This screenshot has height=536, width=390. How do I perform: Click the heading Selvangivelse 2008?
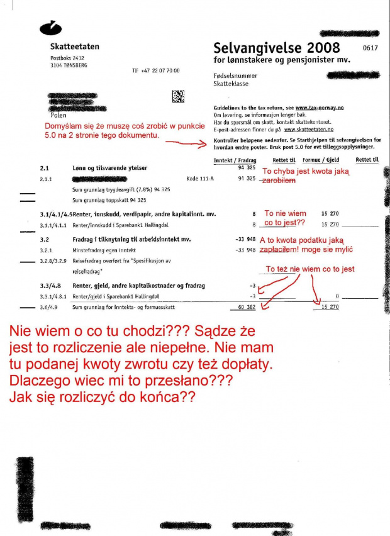(277, 48)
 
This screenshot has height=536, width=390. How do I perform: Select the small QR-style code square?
(179, 96)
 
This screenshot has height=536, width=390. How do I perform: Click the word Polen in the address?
(57, 115)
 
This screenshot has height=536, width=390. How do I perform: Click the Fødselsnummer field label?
(233, 75)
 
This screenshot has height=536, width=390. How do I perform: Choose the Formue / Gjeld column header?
(320, 160)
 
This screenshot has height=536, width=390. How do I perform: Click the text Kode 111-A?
(199, 179)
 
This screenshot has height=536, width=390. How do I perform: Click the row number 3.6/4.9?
(48, 307)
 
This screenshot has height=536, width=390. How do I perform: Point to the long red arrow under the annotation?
(189, 143)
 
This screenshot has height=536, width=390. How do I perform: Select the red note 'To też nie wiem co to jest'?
(310, 269)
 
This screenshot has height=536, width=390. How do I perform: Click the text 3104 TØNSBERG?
(69, 65)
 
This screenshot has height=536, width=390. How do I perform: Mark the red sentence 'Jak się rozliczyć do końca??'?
(101, 398)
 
